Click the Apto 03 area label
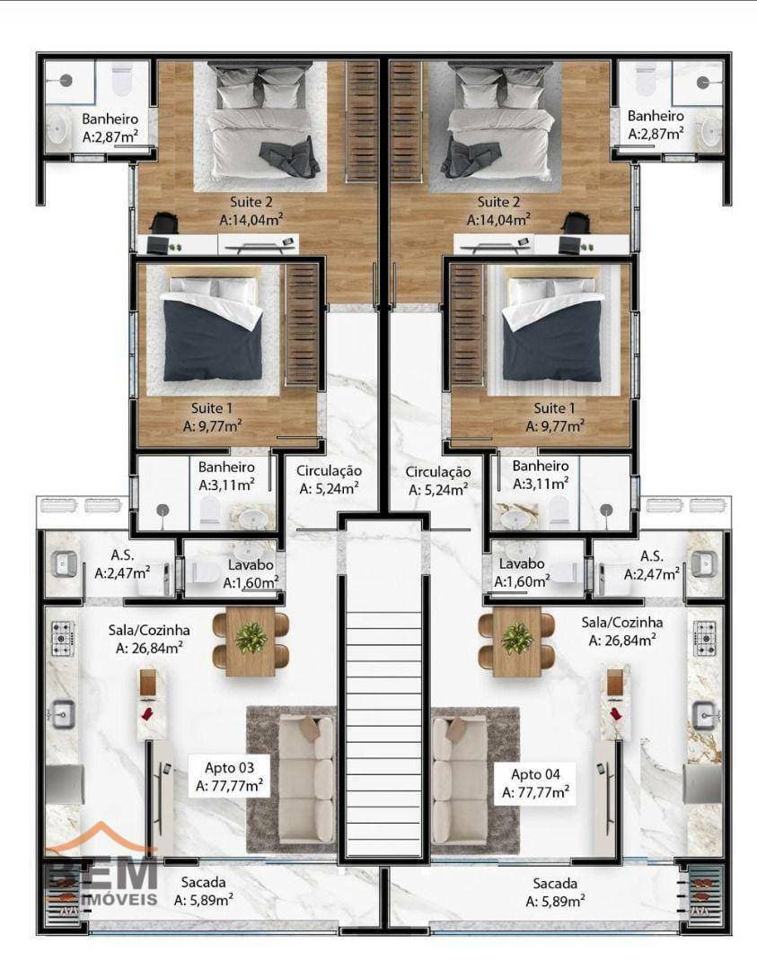tap(230, 777)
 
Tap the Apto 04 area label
tap(535, 783)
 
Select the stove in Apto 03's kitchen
tap(63, 639)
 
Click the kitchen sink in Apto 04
tap(704, 716)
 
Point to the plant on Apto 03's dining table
tap(251, 638)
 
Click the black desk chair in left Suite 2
tap(163, 223)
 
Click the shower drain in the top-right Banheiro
tap(703, 83)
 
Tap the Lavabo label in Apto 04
tap(522, 563)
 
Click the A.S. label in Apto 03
tap(122, 555)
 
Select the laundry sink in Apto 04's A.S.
tap(704, 563)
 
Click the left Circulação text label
tap(329, 471)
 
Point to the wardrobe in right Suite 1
tap(466, 325)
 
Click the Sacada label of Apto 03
tap(204, 882)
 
